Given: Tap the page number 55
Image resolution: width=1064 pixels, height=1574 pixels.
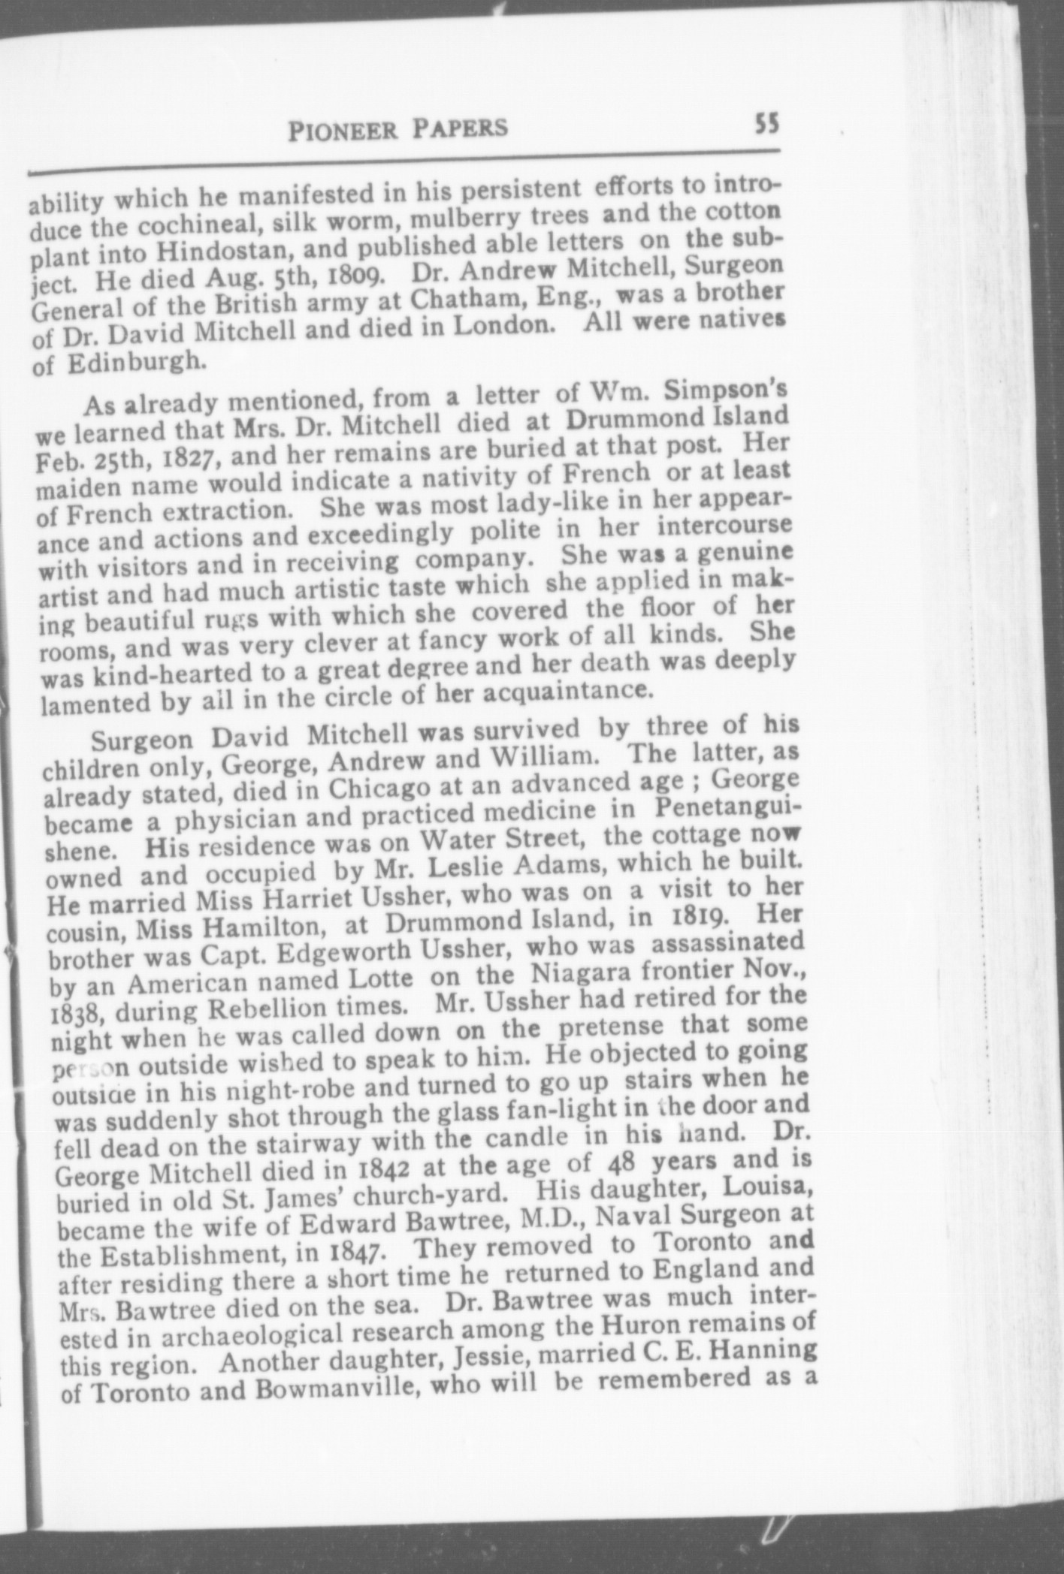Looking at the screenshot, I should point(767,122).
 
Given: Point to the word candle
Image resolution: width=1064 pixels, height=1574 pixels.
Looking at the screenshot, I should point(529,1140).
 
